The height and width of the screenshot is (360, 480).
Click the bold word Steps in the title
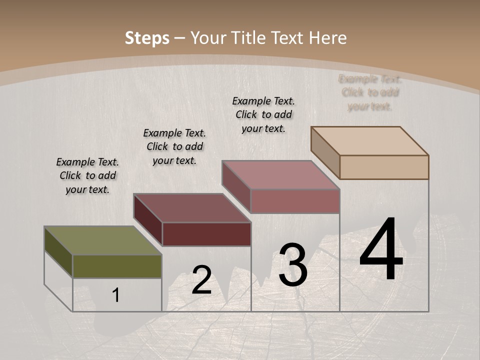pyautogui.click(x=147, y=38)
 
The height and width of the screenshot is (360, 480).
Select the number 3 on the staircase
pyautogui.click(x=293, y=265)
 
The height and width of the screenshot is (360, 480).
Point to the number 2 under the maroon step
pyautogui.click(x=201, y=280)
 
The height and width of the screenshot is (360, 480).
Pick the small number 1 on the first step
pyautogui.click(x=116, y=295)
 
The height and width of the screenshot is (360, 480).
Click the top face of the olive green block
pyautogui.click(x=102, y=240)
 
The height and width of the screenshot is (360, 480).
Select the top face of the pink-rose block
pyautogui.click(x=280, y=175)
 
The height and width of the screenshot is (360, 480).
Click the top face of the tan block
pyautogui.click(x=370, y=140)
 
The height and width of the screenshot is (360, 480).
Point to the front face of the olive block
pyautogui.click(x=117, y=266)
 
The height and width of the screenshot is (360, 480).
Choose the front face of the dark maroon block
pyautogui.click(x=206, y=234)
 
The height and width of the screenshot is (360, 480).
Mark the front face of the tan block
pyautogui.click(x=384, y=167)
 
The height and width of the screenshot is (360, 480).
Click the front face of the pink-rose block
pyautogui.click(x=295, y=201)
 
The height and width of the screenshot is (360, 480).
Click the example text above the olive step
pyautogui.click(x=87, y=176)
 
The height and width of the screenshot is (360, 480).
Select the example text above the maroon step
pyautogui.click(x=174, y=147)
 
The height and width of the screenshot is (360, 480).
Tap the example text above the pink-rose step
pyautogui.click(x=263, y=114)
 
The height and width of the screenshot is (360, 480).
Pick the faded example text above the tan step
pyautogui.click(x=370, y=92)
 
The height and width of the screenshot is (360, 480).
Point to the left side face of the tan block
pyautogui.click(x=325, y=152)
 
